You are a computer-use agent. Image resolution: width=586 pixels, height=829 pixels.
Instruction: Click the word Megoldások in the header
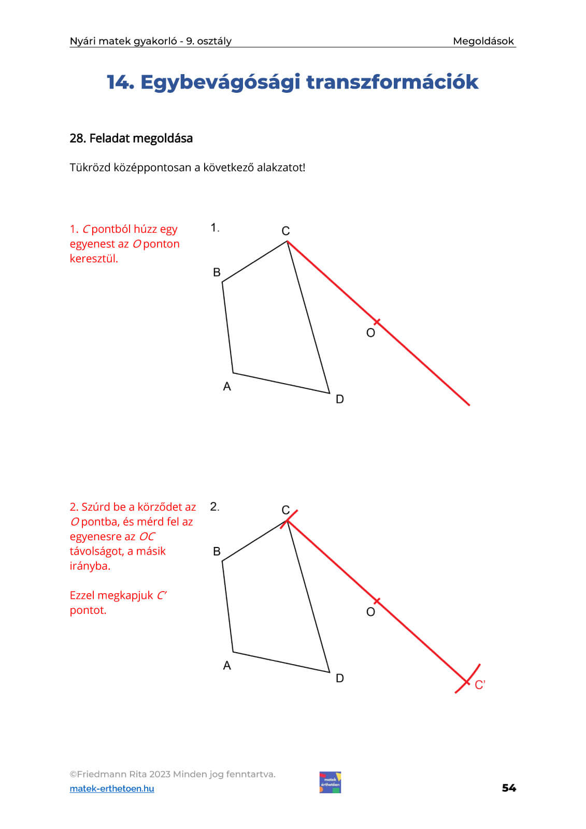483,41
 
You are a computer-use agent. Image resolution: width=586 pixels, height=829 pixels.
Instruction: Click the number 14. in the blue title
120,82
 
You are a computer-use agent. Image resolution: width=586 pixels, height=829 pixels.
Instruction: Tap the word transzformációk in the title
392,82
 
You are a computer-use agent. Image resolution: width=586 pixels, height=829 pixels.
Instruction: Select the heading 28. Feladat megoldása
131,138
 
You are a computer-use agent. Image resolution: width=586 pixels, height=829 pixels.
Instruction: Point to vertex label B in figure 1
217,272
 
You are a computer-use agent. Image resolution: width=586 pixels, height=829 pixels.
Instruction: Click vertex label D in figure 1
339,399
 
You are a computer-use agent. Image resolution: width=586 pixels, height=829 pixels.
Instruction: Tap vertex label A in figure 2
226,665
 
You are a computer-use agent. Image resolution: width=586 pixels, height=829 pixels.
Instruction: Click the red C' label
480,685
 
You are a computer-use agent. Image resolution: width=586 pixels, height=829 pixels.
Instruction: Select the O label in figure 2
370,612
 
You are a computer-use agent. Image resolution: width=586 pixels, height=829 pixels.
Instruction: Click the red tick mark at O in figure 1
377,322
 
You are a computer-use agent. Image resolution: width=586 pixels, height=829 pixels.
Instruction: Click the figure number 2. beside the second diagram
215,507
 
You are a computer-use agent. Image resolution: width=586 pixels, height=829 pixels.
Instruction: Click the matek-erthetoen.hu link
112,789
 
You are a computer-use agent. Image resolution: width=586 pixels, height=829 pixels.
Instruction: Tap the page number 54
509,788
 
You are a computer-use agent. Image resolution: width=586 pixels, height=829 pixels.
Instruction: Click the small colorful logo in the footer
330,782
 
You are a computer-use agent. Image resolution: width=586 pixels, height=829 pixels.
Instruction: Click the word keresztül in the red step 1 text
94,258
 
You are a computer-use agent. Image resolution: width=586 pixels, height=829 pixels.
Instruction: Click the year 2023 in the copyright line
160,774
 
